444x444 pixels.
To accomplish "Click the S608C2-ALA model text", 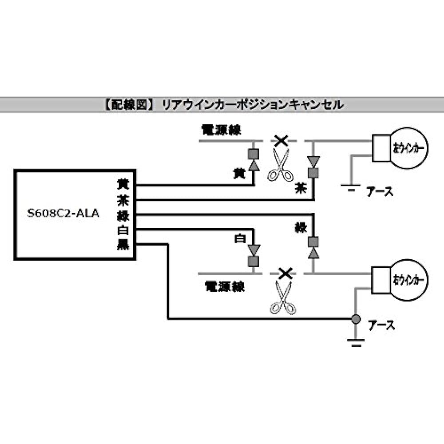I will point(63,214).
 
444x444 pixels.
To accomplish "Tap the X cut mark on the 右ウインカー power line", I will point(285,274).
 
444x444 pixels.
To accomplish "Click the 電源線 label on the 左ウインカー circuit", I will point(222,130).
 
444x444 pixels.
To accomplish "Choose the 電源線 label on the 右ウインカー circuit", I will point(225,286).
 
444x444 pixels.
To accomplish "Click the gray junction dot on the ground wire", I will point(355,319).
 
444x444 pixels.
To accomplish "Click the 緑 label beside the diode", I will point(300,228).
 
